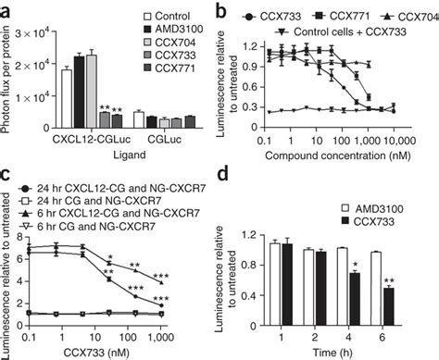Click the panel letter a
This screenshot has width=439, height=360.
point(8,9)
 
